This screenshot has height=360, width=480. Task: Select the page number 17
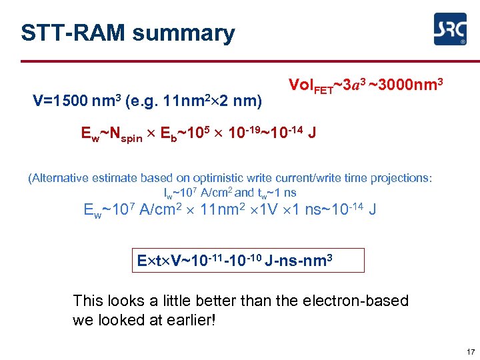(471, 352)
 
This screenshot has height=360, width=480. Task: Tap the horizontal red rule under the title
(240, 61)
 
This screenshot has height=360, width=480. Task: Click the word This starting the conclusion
(88, 301)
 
